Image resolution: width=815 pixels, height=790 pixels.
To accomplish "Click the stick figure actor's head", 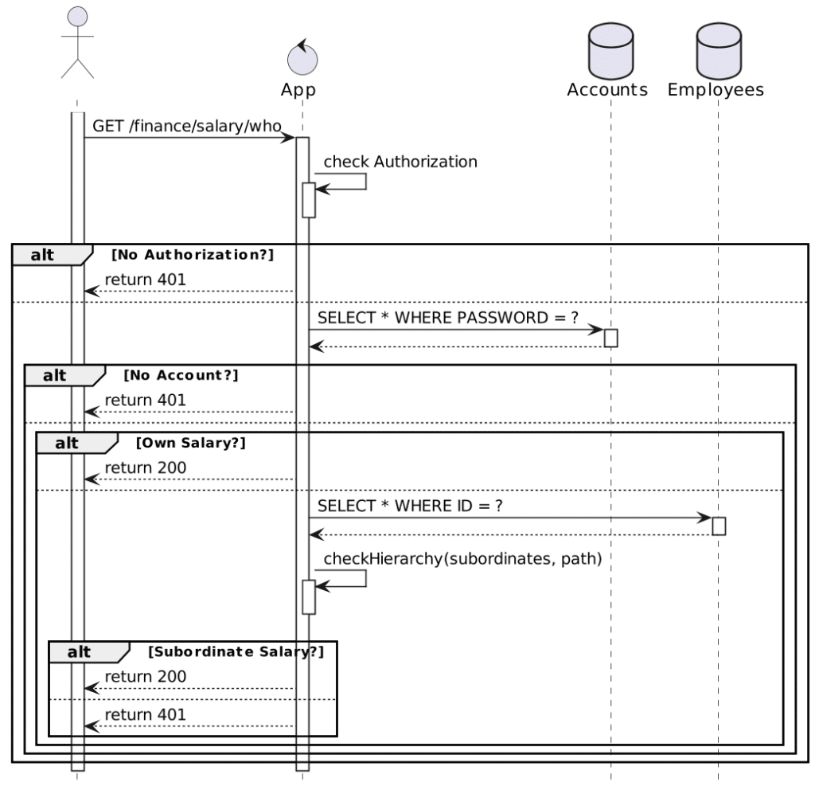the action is [77, 17].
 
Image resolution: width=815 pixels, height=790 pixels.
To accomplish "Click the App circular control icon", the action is [302, 59].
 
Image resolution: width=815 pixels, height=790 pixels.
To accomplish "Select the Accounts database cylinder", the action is [610, 51].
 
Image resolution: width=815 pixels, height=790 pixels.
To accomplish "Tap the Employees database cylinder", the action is [719, 51].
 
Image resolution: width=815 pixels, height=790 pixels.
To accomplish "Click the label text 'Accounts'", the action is [607, 89].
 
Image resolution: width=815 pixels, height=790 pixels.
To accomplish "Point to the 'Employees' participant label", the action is [716, 90].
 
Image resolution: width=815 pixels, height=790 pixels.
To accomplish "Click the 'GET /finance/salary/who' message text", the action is [187, 126].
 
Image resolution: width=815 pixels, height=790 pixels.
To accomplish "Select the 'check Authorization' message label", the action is [400, 162].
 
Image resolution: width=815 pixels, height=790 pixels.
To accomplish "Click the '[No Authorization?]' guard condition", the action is [193, 255].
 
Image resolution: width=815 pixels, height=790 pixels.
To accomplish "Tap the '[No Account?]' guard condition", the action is [181, 376].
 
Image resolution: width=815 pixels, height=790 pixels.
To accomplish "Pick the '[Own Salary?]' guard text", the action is [191, 443].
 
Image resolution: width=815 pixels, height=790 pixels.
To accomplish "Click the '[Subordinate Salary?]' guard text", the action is [236, 652].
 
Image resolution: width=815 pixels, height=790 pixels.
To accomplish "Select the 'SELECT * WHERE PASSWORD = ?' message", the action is [447, 318].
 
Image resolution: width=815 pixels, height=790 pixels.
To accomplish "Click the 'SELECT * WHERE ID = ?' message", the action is [410, 506].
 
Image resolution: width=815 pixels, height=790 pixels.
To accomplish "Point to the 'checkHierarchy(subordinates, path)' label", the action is [462, 559].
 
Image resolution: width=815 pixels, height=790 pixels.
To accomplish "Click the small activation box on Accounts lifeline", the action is [610, 338].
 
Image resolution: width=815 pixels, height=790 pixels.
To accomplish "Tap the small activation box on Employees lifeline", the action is [719, 526].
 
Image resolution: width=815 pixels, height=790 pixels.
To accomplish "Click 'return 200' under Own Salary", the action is [146, 468].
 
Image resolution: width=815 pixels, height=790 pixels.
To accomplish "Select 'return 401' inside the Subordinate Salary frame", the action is [146, 715].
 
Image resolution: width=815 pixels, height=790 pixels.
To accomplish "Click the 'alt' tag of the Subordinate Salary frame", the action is [79, 652].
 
